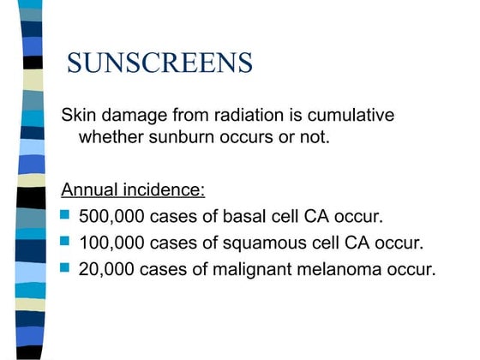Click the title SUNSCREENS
tap(159, 62)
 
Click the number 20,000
tap(107, 269)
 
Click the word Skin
tap(75, 116)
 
